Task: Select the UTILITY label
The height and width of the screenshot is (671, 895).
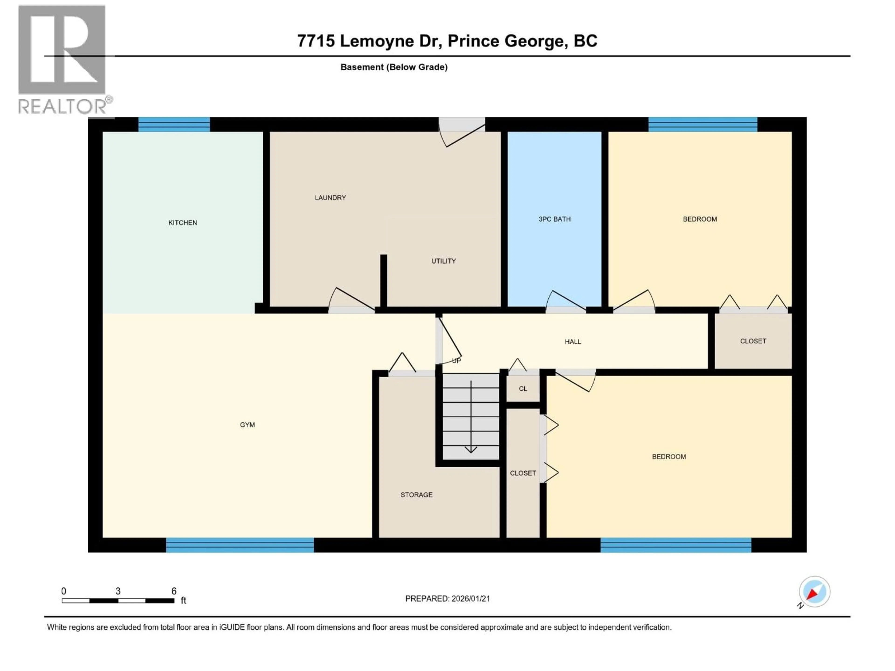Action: point(444,261)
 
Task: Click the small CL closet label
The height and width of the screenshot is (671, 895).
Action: point(523,389)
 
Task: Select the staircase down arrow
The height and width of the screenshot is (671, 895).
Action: point(471,449)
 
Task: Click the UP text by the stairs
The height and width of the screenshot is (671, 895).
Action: point(456,361)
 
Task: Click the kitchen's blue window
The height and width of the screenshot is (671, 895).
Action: point(174,124)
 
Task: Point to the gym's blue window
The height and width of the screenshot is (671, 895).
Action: point(240,545)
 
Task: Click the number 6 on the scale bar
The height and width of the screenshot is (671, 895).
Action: point(174,591)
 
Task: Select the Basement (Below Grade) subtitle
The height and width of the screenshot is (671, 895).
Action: point(394,67)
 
